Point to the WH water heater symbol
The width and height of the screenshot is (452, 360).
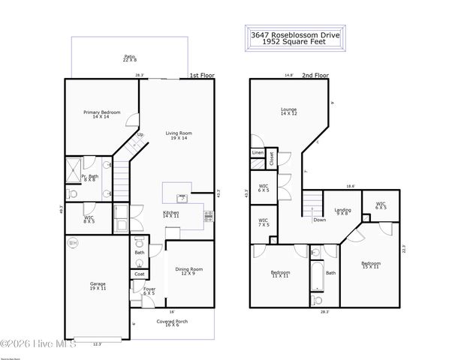point(73,243)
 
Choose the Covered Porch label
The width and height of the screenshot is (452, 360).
point(173,323)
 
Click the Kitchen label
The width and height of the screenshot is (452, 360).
point(172,214)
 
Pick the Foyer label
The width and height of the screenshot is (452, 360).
point(149,291)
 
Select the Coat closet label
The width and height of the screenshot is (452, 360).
point(140,274)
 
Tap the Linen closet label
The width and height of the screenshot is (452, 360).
point(258,153)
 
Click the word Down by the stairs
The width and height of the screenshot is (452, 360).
point(320,220)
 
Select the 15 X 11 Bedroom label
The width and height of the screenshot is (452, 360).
point(371,265)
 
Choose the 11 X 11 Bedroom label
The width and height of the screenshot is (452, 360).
point(281,274)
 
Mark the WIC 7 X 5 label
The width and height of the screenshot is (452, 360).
point(264,222)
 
